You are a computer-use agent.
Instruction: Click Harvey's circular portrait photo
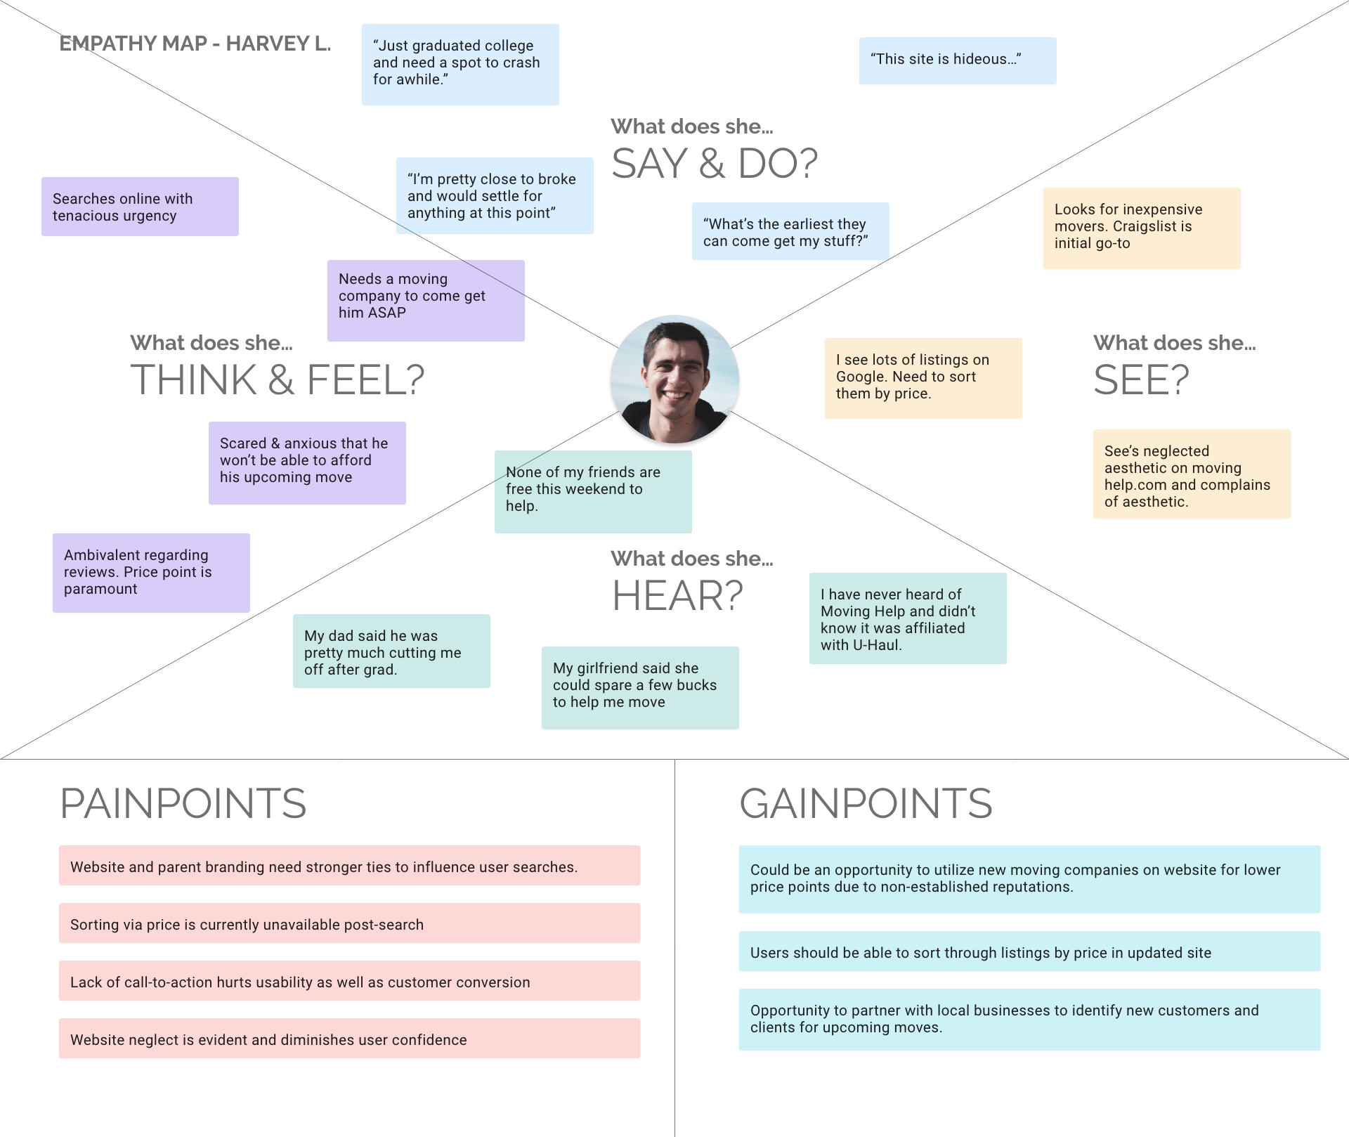pos(674,379)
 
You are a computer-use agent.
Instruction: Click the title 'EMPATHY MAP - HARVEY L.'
pos(195,44)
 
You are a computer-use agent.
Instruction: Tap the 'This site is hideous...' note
pos(957,60)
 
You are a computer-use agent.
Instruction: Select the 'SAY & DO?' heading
pos(714,164)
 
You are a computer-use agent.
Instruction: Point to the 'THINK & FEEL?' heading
pos(277,380)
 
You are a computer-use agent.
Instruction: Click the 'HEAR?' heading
pos(677,596)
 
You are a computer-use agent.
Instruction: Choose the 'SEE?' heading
pos(1140,380)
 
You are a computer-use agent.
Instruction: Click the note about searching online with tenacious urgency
pos(140,207)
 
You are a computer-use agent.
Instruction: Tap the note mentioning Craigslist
pos(1141,228)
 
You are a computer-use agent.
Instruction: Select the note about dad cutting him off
pos(391,651)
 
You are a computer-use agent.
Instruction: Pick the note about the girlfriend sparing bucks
pos(639,687)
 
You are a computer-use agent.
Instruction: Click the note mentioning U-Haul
pos(907,618)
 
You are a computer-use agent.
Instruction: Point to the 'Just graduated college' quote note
pos(460,64)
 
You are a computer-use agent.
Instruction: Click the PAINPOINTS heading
pos(183,803)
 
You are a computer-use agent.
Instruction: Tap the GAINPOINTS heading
pos(865,803)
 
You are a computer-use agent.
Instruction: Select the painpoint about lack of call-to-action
pos(349,981)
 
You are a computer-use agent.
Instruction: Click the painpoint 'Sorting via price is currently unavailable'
pos(349,923)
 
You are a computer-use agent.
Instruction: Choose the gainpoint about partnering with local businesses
pos(1029,1019)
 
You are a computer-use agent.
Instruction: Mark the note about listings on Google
pos(923,378)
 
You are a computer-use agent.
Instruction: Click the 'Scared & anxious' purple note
pos(306,462)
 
